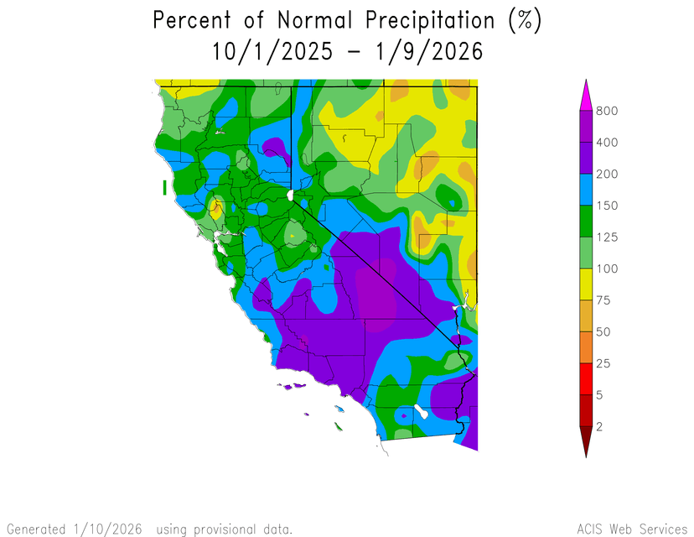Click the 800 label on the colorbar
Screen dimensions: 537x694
(x=608, y=111)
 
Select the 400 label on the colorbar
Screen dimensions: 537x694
(x=608, y=143)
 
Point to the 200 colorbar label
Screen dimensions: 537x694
(x=608, y=175)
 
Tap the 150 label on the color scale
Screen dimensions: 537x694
(x=608, y=206)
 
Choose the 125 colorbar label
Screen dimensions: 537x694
(x=608, y=237)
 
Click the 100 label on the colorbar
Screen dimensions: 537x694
(x=608, y=269)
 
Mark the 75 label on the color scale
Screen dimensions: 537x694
(x=604, y=300)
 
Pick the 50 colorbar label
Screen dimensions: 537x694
(x=604, y=332)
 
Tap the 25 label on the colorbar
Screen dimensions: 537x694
(x=604, y=363)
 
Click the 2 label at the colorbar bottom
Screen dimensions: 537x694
(x=600, y=427)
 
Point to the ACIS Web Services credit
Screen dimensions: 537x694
(x=631, y=529)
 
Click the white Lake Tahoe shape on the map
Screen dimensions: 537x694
(x=290, y=195)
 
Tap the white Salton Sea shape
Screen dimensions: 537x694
(x=422, y=414)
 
